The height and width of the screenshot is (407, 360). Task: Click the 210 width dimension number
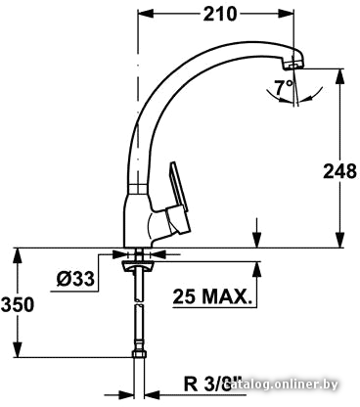[x=219, y=14]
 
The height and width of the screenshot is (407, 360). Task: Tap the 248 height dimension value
[x=339, y=171]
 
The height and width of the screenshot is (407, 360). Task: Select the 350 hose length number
[x=18, y=304]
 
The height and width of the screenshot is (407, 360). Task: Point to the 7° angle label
[x=283, y=87]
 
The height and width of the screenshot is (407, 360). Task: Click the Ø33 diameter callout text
[x=75, y=279]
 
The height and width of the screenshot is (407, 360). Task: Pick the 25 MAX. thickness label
[x=212, y=296]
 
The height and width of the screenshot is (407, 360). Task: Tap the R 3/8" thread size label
[x=212, y=384]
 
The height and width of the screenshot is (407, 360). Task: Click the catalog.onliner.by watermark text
[x=282, y=384]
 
